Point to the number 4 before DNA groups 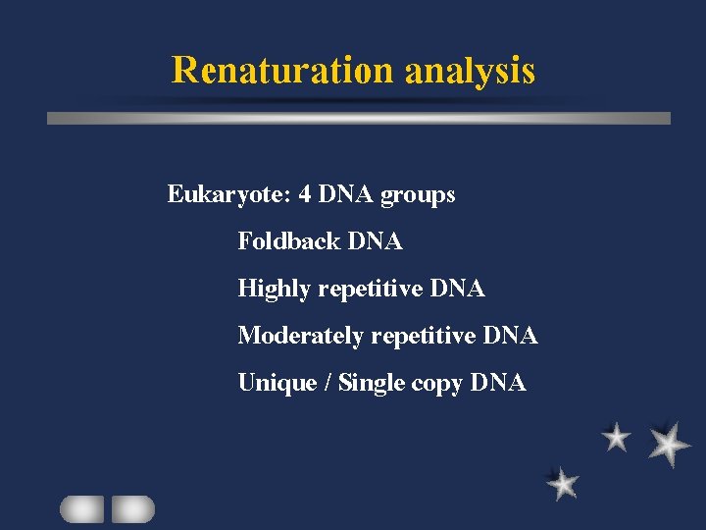(x=306, y=194)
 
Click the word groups (x=418, y=195)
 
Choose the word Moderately (x=302, y=336)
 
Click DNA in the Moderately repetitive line (x=510, y=336)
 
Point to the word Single (x=369, y=383)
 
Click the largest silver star (x=669, y=444)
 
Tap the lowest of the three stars (x=563, y=483)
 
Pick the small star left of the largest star (x=616, y=437)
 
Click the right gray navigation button (x=132, y=508)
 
